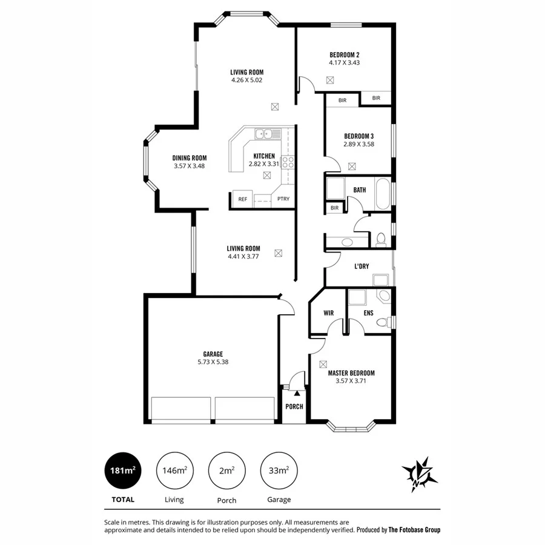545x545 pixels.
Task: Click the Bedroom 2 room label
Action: (x=344, y=53)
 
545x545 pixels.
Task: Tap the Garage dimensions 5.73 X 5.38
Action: (x=213, y=362)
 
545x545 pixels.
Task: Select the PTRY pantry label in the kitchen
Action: (x=283, y=199)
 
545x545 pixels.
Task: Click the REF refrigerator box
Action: (x=242, y=199)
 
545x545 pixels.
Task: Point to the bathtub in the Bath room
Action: (x=382, y=194)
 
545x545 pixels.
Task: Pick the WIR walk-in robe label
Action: (x=329, y=313)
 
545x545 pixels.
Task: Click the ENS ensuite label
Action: (x=368, y=313)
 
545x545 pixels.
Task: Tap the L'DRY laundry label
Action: (x=362, y=265)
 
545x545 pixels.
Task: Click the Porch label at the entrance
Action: (x=294, y=406)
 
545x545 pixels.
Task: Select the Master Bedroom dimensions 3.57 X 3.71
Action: (x=351, y=381)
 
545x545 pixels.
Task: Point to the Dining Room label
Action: (x=190, y=157)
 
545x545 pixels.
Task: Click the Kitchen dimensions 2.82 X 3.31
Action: (x=264, y=163)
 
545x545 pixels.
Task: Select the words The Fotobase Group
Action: (x=415, y=530)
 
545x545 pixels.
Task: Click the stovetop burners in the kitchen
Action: (x=288, y=162)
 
